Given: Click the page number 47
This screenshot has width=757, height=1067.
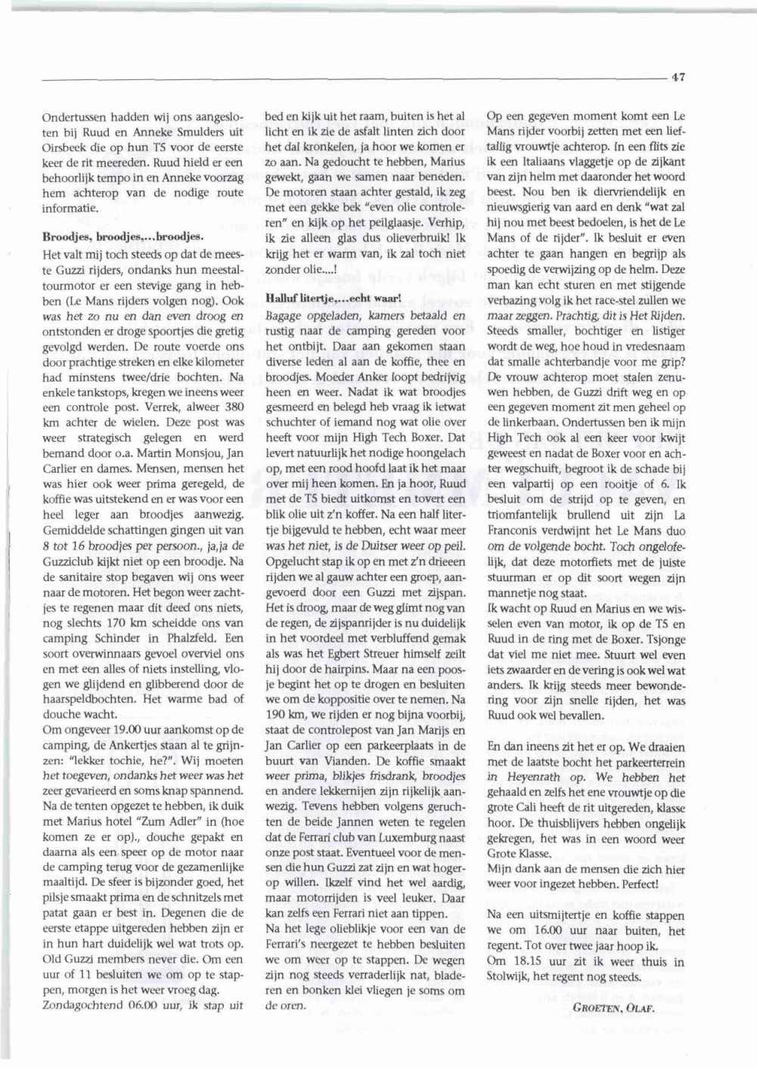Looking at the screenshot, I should pyautogui.click(x=678, y=76).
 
